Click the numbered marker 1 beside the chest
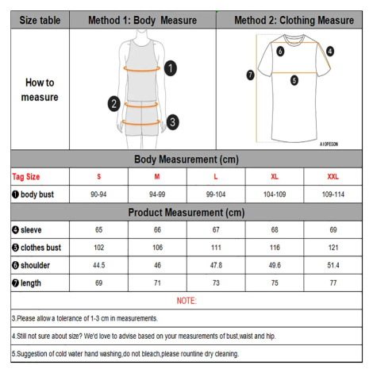[x=171, y=68]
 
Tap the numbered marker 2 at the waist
[x=114, y=104]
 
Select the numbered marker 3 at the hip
[x=173, y=122]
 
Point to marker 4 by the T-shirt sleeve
[x=330, y=52]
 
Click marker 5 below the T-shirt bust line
[x=294, y=80]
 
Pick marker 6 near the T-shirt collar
[x=280, y=51]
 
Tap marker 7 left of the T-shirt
[x=250, y=75]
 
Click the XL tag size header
[x=275, y=177]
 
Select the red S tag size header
[x=98, y=177]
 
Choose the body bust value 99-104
[x=216, y=194]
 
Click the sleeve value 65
[x=98, y=229]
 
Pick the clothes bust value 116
[x=275, y=248]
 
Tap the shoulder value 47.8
[x=216, y=265]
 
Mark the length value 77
[x=333, y=283]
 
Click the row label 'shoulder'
[x=35, y=265]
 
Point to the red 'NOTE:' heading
[x=186, y=301]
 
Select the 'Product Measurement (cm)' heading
[x=186, y=213]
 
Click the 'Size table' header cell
[x=40, y=20]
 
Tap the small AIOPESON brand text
[x=329, y=144]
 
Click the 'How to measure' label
[x=40, y=90]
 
